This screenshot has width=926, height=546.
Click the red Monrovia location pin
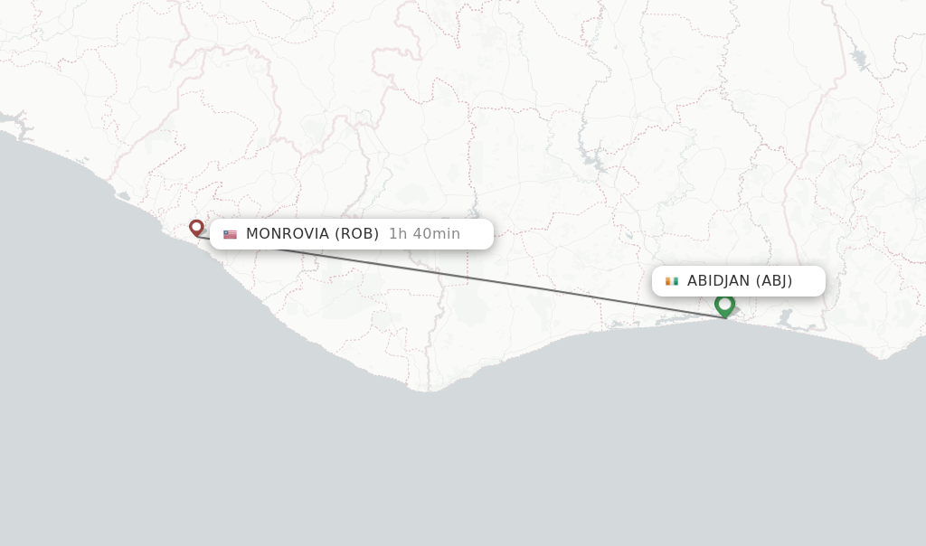[196, 227]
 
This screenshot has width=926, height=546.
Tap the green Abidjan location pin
[724, 305]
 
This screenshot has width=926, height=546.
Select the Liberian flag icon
[231, 234]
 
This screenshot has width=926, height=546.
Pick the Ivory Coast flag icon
[672, 281]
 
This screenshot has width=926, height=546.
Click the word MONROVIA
[288, 234]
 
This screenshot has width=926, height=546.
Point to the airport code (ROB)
[356, 234]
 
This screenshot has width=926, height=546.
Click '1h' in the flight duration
[398, 234]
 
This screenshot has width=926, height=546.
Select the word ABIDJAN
[718, 281]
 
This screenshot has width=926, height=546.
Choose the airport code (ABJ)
[774, 281]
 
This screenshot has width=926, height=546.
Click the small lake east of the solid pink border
[858, 60]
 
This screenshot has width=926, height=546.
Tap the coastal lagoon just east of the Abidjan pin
[785, 318]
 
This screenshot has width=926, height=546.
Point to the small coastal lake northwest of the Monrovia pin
[123, 196]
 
